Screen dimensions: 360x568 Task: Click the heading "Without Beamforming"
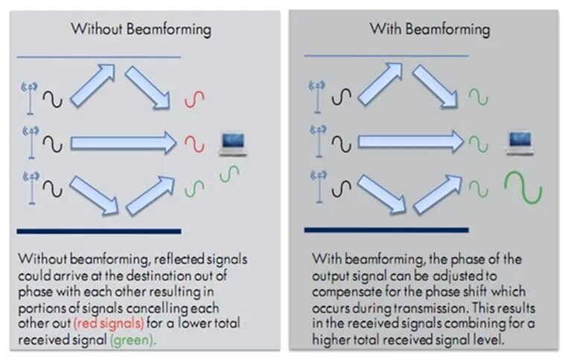pos(141,30)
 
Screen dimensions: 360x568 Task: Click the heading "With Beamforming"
pos(430,30)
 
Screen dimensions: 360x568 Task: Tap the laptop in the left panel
pos(232,144)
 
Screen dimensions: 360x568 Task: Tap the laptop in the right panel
pos(519,142)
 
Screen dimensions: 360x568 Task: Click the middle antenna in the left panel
pos(31,142)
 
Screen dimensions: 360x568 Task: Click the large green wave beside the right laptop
pos(523,187)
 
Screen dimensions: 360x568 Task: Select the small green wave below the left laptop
pos(231,173)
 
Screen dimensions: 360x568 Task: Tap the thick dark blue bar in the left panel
pos(99,231)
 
